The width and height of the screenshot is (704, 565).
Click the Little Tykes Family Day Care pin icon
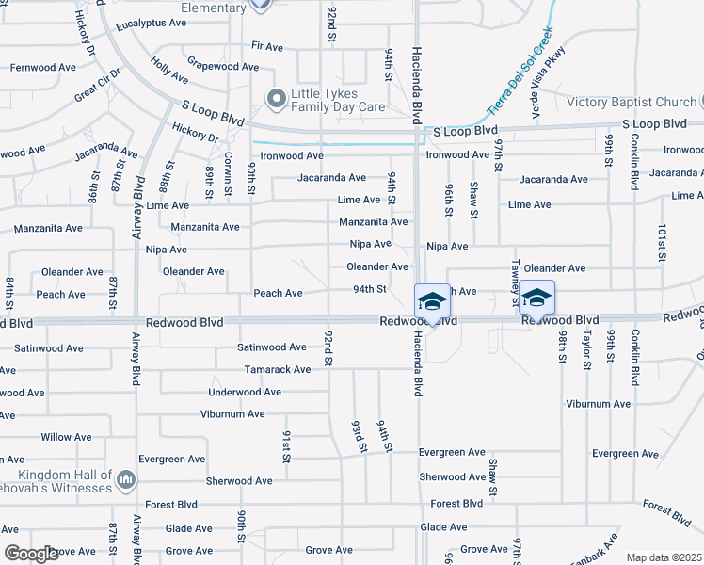click(x=276, y=98)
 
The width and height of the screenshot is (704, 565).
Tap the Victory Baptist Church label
click(x=631, y=102)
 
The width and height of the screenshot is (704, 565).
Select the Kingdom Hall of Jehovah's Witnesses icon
click(x=126, y=482)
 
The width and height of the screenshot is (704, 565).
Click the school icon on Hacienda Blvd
click(x=432, y=300)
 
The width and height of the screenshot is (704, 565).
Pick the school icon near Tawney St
click(x=536, y=298)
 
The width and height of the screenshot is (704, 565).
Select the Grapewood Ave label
click(x=223, y=67)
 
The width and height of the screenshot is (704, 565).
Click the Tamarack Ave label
click(x=277, y=369)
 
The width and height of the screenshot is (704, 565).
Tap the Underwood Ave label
click(x=245, y=392)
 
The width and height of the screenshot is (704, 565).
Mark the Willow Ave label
click(x=66, y=437)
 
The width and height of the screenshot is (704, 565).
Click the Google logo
click(x=30, y=554)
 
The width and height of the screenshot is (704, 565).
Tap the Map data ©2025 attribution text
click(x=664, y=557)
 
